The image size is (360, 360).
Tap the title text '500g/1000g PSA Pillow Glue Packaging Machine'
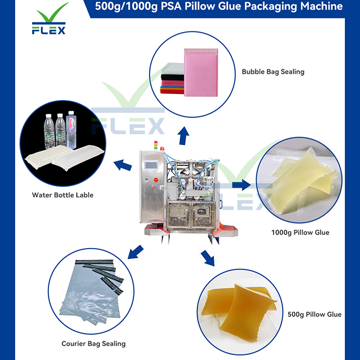click(219, 7)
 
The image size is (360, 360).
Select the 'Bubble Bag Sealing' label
click(273, 71)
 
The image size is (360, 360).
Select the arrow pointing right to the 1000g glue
click(240, 184)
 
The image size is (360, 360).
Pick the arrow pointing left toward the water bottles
click(123, 165)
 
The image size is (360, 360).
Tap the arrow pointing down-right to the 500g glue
click(208, 258)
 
